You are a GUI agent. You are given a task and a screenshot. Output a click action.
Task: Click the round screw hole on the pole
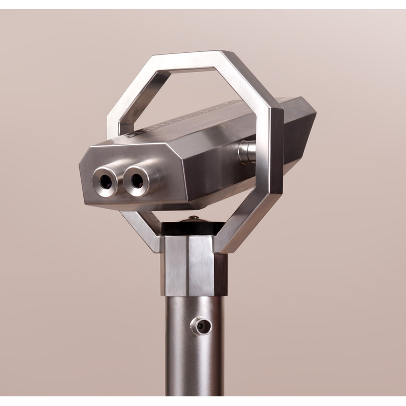pos(204,326)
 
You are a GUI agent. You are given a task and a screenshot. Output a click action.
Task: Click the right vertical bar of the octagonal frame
pos(276,152)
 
